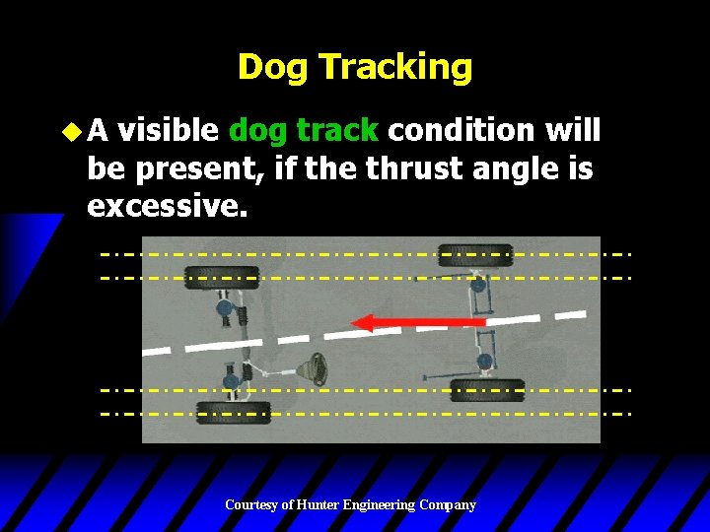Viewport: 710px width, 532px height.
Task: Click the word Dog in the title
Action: (271, 67)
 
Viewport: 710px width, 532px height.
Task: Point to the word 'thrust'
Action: (412, 168)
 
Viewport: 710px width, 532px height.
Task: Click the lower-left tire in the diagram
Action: (233, 412)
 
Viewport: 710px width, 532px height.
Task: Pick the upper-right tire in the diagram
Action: (475, 255)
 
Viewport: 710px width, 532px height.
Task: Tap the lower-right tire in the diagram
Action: (487, 389)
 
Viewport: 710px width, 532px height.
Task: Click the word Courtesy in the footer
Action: (251, 504)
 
